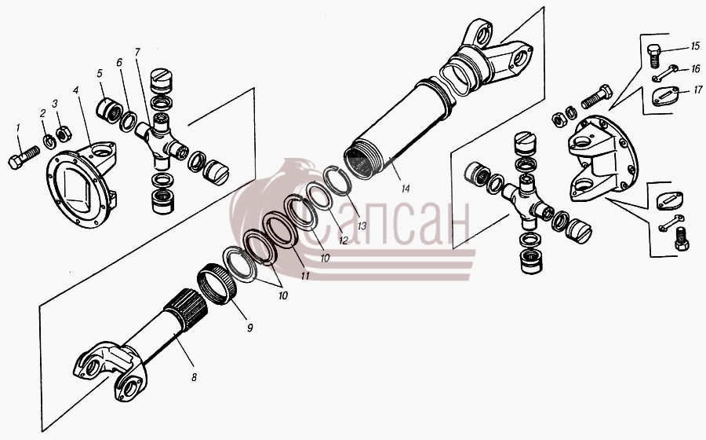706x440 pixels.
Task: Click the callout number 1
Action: [x=18, y=129]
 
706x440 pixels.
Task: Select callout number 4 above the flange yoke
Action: [x=76, y=90]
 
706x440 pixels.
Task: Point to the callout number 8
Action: [x=194, y=377]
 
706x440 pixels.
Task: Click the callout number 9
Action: [x=249, y=328]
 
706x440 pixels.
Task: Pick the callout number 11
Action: [x=305, y=276]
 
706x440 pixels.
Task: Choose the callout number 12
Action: [x=343, y=240]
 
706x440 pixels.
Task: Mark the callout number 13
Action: [x=362, y=225]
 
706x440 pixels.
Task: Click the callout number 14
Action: [x=406, y=189]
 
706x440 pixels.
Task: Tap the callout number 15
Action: [x=695, y=46]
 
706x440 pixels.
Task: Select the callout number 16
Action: [x=696, y=68]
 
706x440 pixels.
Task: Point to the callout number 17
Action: [x=697, y=90]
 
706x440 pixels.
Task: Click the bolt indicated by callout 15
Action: [x=655, y=56]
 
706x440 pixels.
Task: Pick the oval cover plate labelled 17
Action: [x=664, y=96]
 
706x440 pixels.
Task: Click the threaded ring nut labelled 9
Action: [x=217, y=283]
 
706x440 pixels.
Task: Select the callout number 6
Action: [x=119, y=63]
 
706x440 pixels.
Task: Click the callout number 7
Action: [x=137, y=53]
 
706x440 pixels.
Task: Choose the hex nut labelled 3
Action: [x=64, y=133]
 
